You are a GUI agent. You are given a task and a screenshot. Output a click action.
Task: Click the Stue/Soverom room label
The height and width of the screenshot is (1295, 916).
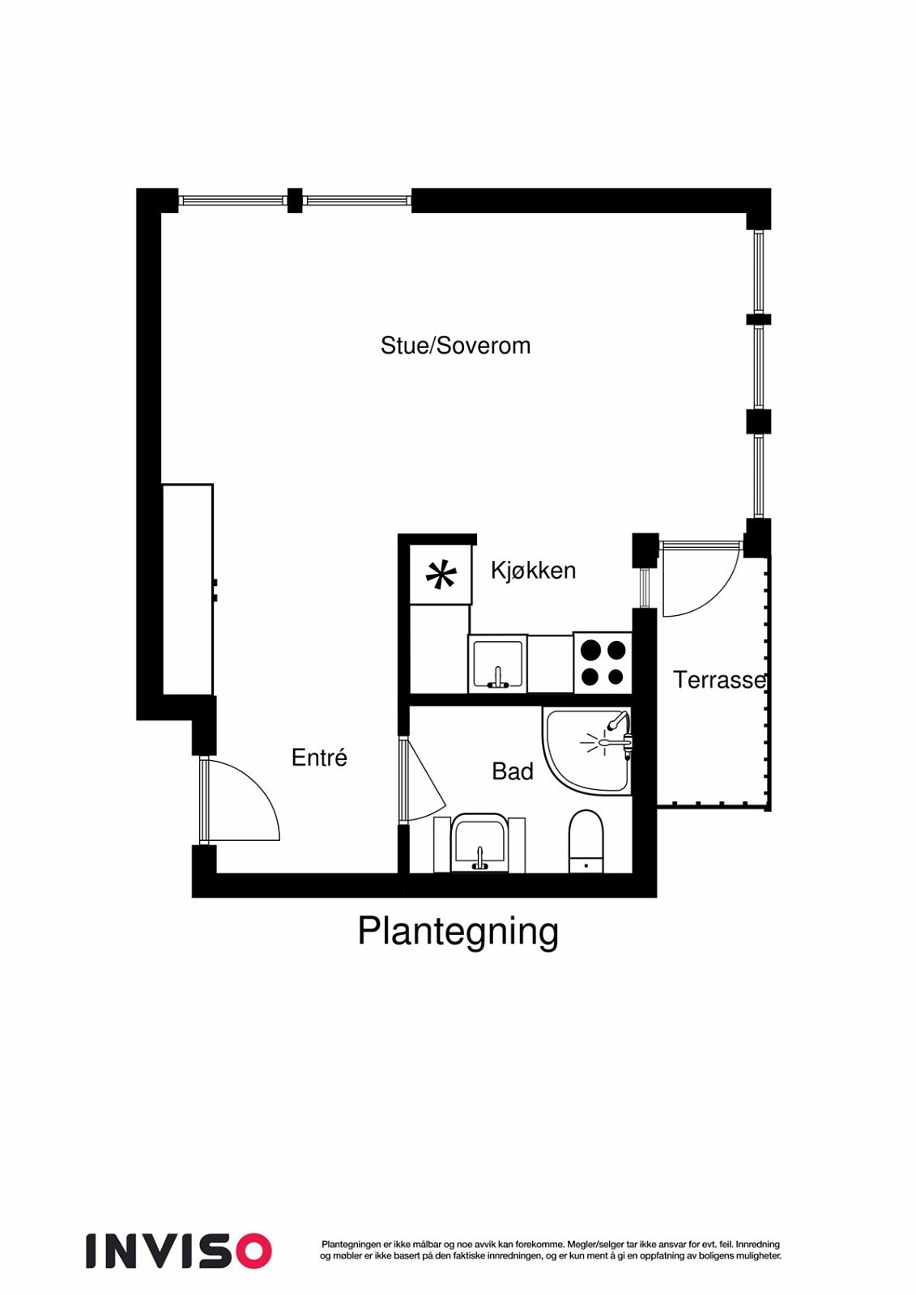tap(455, 346)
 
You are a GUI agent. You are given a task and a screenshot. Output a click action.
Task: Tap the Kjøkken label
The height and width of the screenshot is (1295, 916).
tap(533, 571)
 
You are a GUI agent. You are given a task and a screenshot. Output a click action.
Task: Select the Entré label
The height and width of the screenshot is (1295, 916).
tap(319, 758)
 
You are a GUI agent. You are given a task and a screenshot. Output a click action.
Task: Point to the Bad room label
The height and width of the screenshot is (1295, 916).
tap(512, 771)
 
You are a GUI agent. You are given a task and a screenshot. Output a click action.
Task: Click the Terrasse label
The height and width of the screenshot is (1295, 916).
tap(719, 680)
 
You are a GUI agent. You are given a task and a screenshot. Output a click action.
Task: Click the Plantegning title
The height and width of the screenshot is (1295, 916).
tap(458, 932)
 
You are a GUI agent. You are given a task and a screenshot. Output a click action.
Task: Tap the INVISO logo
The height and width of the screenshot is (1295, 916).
tap(179, 1250)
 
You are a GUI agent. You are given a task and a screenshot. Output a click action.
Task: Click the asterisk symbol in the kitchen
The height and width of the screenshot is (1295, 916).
tap(441, 575)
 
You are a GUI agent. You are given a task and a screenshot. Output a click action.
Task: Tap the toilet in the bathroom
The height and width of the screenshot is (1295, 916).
tap(586, 840)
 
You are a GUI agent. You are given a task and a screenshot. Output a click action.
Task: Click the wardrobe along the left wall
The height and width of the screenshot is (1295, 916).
tap(188, 589)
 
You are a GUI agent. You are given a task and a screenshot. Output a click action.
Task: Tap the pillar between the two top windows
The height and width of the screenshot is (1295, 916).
tap(295, 200)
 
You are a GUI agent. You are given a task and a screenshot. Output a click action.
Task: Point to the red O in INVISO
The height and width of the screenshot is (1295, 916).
tap(252, 1250)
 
